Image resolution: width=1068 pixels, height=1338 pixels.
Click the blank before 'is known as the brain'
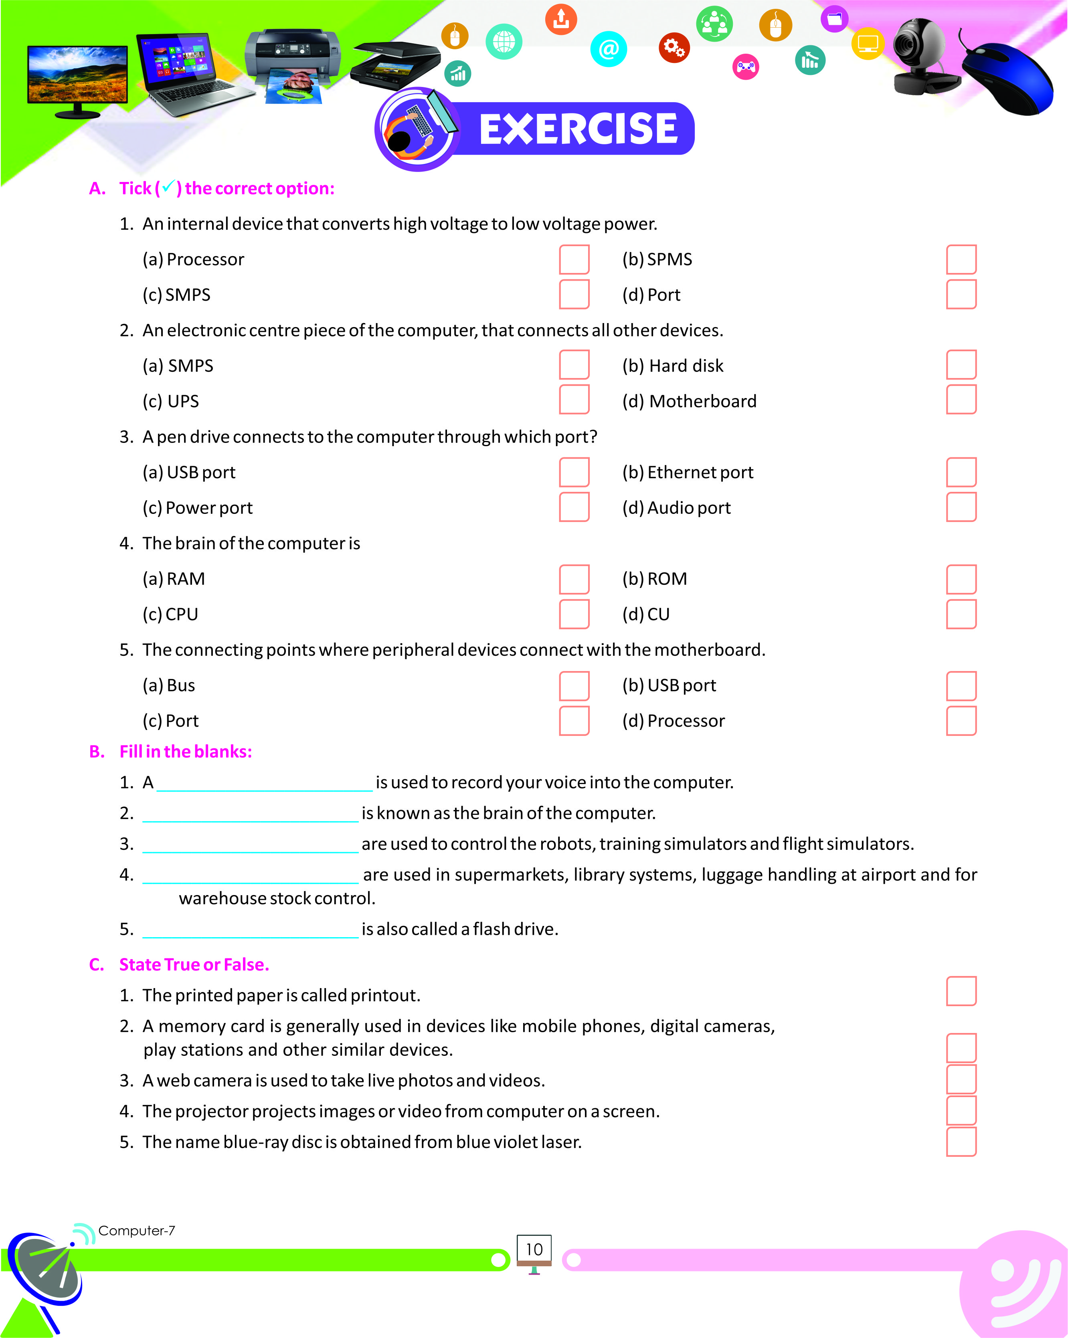click(250, 814)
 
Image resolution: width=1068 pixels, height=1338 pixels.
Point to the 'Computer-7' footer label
click(137, 1230)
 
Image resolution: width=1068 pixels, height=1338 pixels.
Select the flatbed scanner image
click(395, 65)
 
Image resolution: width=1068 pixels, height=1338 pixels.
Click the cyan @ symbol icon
click(608, 49)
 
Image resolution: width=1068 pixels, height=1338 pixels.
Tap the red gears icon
click(674, 48)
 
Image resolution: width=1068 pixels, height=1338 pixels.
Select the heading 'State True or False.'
click(194, 964)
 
